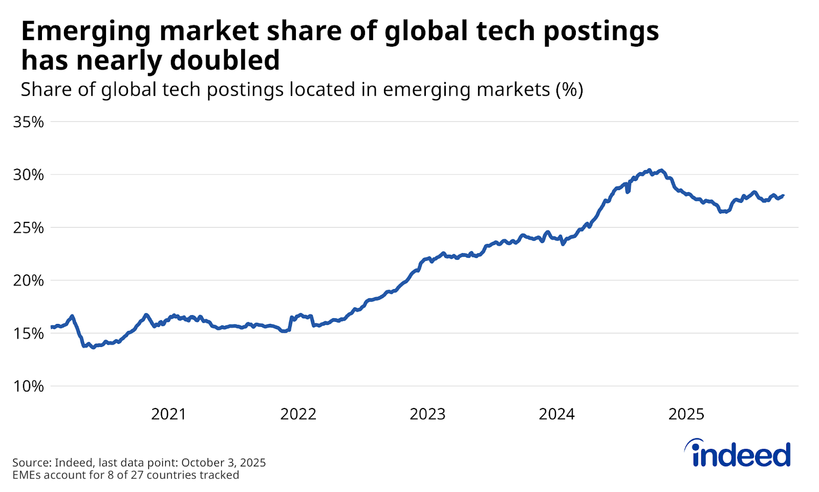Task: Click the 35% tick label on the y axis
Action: click(29, 122)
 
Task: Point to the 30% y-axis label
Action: click(29, 175)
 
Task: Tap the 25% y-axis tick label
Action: click(29, 228)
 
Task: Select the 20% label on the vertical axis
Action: click(29, 280)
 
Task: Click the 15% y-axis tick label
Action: click(29, 333)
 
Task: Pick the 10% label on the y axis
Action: click(29, 386)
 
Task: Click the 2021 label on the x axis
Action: click(168, 414)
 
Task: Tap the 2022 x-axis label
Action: click(298, 414)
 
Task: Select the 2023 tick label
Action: click(427, 414)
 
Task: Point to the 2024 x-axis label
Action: click(556, 414)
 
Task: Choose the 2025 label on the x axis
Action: click(686, 414)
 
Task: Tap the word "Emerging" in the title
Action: click(85, 32)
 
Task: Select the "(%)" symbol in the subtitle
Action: click(569, 90)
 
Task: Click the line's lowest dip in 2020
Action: click(93, 347)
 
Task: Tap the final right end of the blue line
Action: click(783, 195)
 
